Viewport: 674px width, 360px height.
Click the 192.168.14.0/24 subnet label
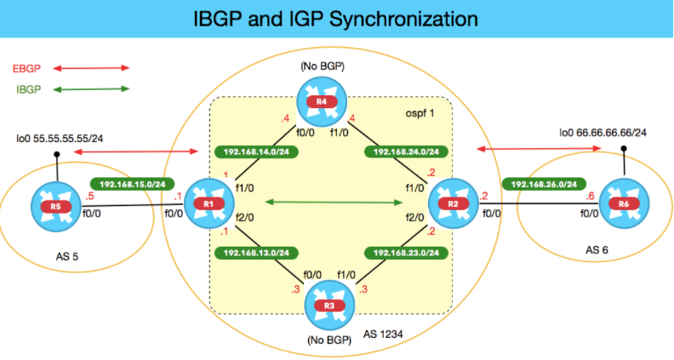point(253,152)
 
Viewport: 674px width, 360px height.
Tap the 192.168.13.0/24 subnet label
point(253,253)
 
